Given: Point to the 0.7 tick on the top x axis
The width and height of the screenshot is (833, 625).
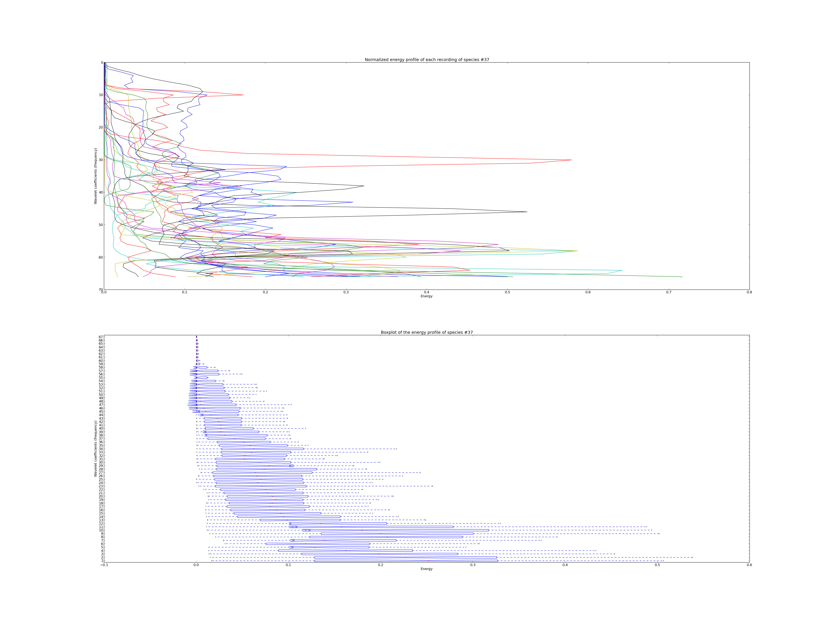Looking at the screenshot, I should tap(668, 292).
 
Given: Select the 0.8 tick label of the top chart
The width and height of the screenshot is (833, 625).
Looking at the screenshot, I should tap(749, 292).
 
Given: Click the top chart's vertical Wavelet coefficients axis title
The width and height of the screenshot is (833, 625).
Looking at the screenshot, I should tap(96, 176).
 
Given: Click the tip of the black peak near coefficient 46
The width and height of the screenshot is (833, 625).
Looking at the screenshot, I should tap(527, 212).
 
